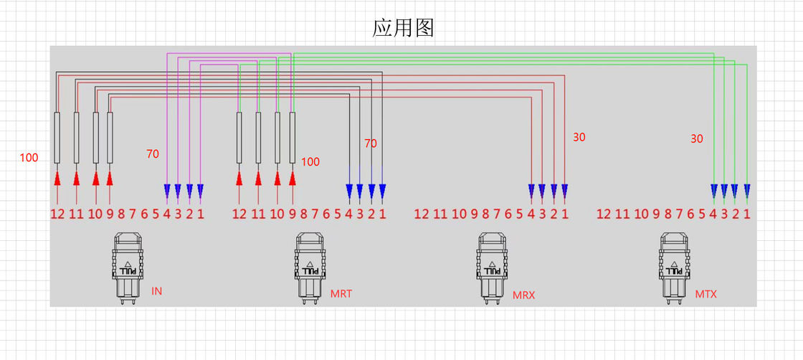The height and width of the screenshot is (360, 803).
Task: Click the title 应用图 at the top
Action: [403, 27]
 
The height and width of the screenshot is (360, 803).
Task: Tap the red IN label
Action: [157, 291]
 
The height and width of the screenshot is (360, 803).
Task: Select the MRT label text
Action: [341, 294]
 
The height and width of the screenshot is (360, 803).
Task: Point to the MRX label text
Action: [523, 295]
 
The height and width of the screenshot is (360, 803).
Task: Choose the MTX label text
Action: [705, 294]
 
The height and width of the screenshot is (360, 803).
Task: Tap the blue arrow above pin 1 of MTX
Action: [747, 191]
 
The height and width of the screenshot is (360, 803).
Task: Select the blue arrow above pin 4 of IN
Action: [167, 191]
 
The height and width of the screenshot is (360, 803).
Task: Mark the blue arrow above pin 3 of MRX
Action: [543, 191]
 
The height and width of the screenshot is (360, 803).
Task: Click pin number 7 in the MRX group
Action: [498, 214]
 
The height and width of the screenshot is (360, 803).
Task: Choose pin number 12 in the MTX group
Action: [604, 214]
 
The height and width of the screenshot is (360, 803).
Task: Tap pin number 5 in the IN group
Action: [156, 214]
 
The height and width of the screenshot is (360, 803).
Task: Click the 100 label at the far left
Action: [29, 158]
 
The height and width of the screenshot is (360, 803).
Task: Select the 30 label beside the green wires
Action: [697, 139]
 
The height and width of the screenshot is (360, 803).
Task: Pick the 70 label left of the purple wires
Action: [153, 153]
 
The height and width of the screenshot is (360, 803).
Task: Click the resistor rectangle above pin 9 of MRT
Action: [293, 138]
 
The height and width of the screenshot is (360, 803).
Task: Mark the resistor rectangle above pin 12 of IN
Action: [57, 138]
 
